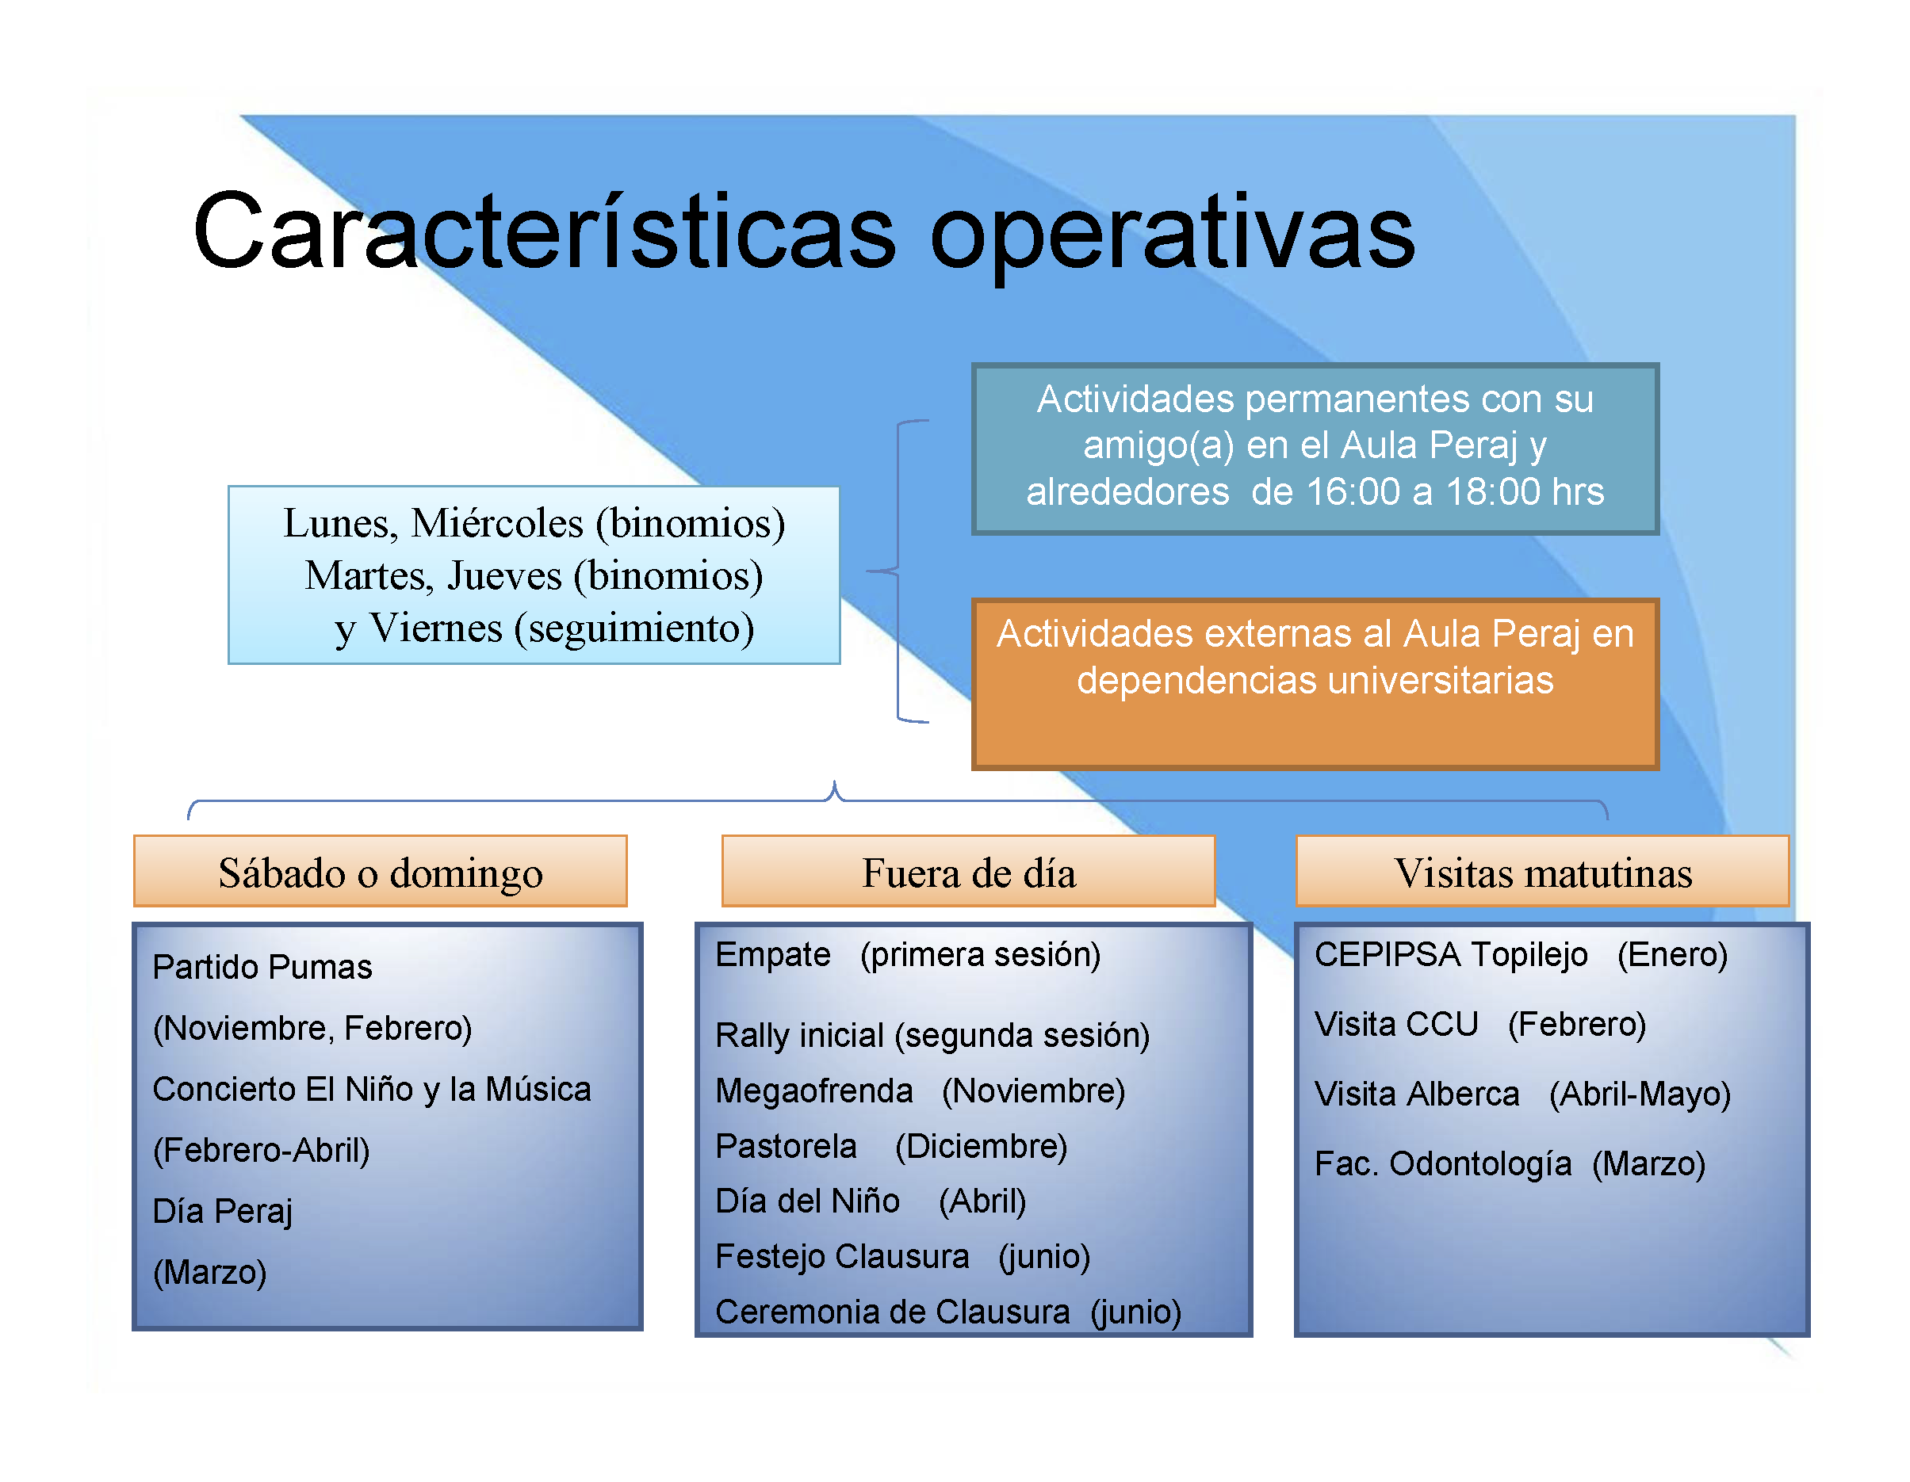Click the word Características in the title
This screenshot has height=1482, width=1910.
pyautogui.click(x=544, y=231)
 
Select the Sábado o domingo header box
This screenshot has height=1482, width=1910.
pyautogui.click(x=381, y=871)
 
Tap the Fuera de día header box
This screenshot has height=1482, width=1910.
pyautogui.click(x=968, y=871)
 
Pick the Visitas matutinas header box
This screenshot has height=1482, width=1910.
pyautogui.click(x=1543, y=871)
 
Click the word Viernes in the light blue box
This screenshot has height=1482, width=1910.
pyautogui.click(x=435, y=628)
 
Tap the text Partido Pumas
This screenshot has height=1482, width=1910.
pyautogui.click(x=262, y=966)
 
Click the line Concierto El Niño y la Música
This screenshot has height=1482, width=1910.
pyautogui.click(x=372, y=1090)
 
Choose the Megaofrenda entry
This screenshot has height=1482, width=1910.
pyautogui.click(x=920, y=1091)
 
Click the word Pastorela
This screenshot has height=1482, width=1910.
pyautogui.click(x=787, y=1145)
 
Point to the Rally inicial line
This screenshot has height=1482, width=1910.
pyautogui.click(x=932, y=1035)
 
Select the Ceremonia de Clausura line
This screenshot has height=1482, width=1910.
pyautogui.click(x=948, y=1312)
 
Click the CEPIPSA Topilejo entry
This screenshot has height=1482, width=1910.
pyautogui.click(x=1521, y=954)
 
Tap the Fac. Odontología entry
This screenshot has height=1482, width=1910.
pyautogui.click(x=1510, y=1163)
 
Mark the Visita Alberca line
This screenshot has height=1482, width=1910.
pyautogui.click(x=1522, y=1094)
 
